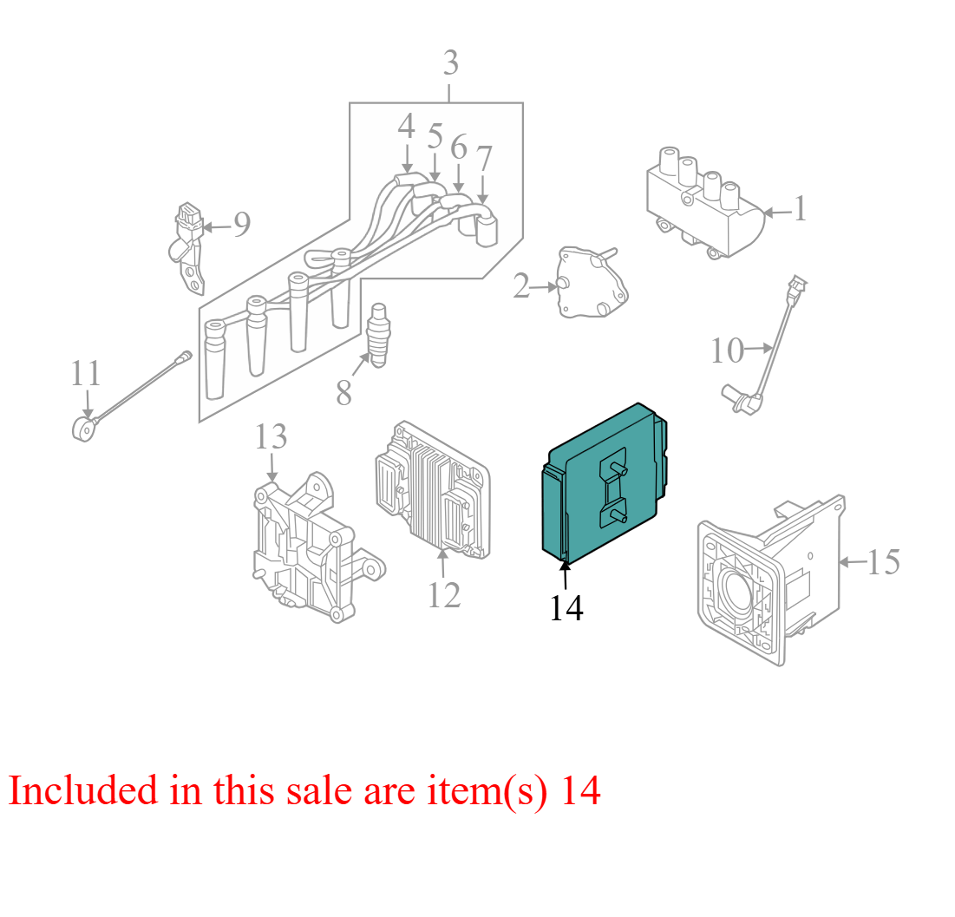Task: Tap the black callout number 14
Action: click(566, 608)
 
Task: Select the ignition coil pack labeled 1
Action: click(705, 203)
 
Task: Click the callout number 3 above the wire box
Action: click(451, 63)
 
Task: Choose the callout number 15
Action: click(883, 562)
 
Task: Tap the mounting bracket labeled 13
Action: click(317, 547)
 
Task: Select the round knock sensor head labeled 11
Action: click(82, 428)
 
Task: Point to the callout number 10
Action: click(727, 351)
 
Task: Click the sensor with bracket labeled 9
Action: click(187, 247)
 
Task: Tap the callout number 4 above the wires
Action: click(406, 127)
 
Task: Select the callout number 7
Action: click(484, 159)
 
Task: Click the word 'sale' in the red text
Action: click(319, 790)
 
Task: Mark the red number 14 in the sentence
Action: click(580, 790)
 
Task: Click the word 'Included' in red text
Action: click(82, 790)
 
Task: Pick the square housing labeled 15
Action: click(771, 580)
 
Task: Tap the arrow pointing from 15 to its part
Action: click(853, 562)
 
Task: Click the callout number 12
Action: click(444, 595)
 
